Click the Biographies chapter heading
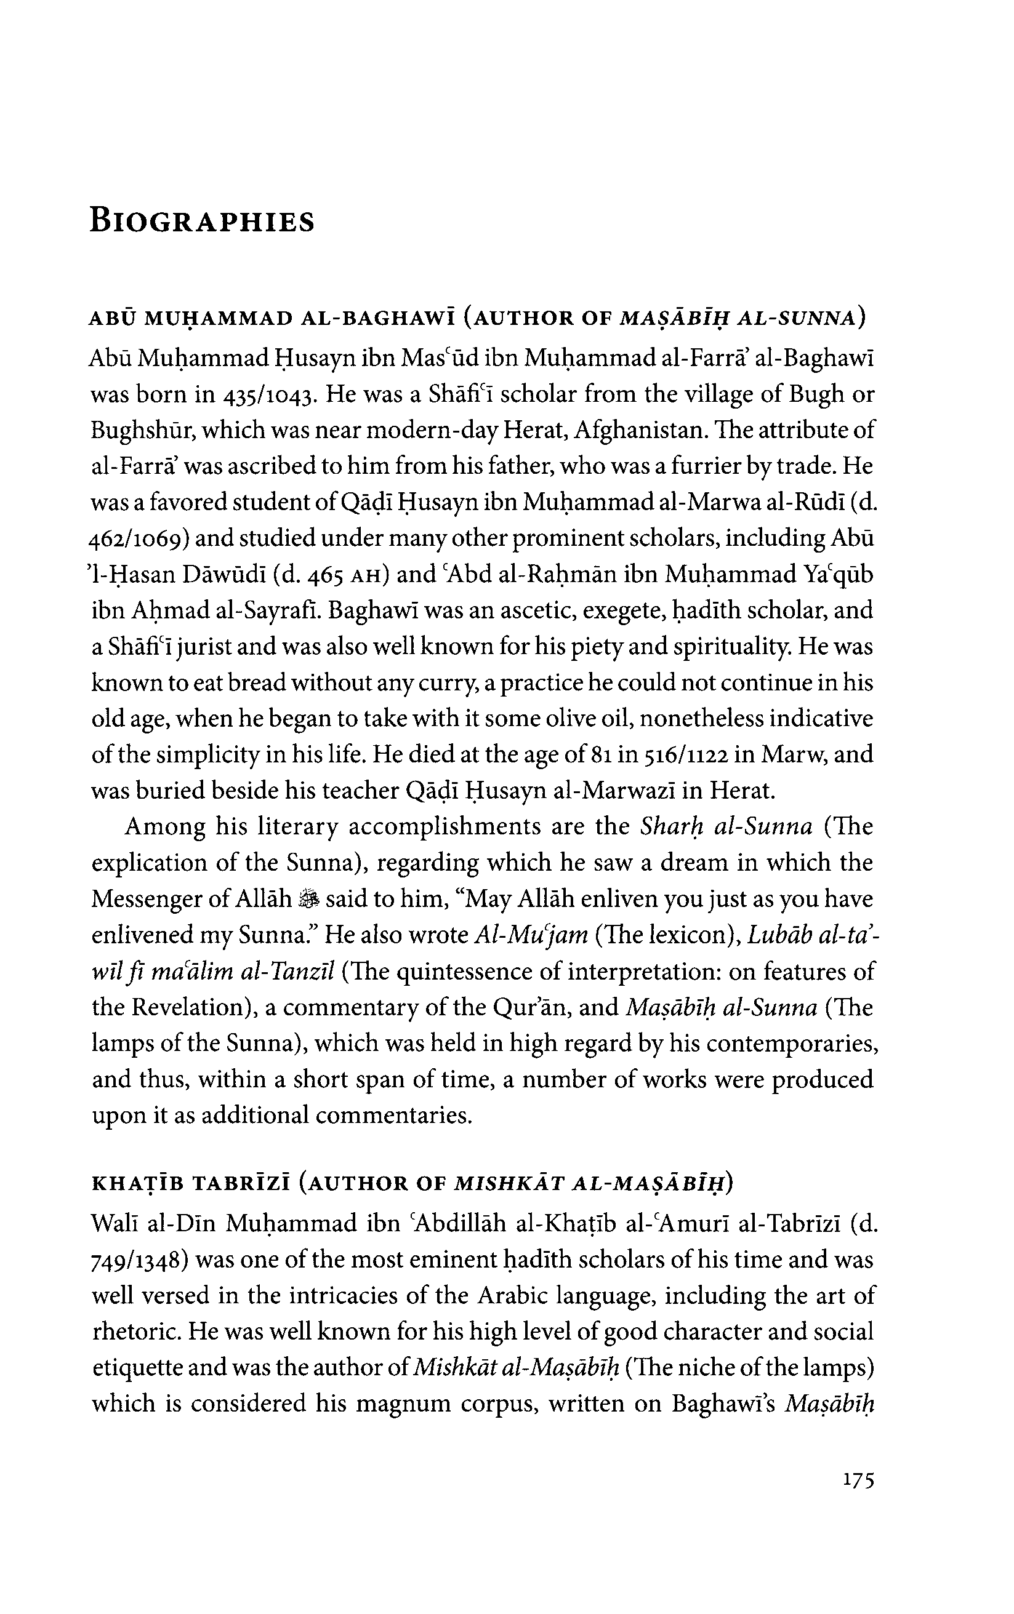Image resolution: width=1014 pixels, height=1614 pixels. [202, 221]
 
